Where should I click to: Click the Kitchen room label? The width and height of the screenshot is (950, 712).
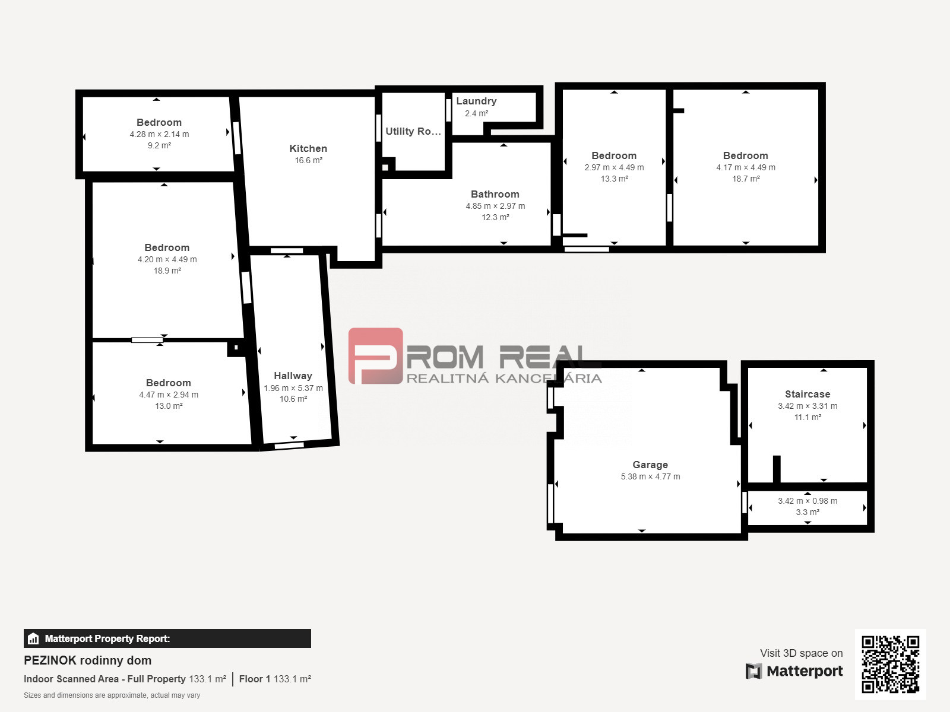(308, 148)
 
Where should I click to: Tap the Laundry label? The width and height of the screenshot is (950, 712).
(476, 101)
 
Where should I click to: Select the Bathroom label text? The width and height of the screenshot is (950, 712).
(495, 194)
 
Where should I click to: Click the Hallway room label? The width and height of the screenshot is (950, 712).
(293, 376)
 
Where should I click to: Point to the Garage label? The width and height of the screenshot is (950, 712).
(650, 465)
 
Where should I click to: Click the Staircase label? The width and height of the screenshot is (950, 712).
(807, 394)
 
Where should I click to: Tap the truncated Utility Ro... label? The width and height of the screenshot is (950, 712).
(413, 131)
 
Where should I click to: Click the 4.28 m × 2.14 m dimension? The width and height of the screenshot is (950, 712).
(159, 134)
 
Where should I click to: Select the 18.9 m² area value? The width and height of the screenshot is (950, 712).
(167, 271)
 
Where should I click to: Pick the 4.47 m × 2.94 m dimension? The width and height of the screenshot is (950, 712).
(169, 395)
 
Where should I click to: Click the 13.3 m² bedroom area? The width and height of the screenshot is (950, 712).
(614, 179)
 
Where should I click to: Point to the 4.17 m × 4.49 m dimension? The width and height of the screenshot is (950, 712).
(746, 167)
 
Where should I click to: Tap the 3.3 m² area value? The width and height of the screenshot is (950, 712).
(807, 512)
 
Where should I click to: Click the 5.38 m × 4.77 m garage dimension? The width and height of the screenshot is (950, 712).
(650, 476)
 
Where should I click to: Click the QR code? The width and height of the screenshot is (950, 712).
(890, 664)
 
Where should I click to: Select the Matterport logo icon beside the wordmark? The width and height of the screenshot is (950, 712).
(753, 671)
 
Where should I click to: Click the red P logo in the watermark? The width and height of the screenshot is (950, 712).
(375, 356)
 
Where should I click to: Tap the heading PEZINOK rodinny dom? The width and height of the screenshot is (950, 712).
(87, 660)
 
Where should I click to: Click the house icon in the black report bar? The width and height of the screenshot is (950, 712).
(33, 638)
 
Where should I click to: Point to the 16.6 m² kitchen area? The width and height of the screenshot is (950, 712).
(308, 160)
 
